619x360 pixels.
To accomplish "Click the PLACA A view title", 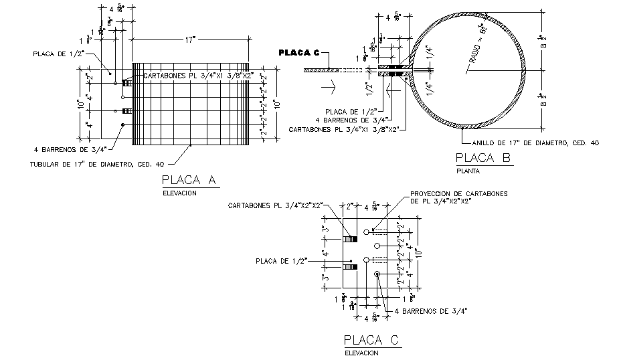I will coord(189,180).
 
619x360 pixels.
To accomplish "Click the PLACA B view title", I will coord(482,159).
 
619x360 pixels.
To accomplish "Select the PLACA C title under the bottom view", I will coord(371,341).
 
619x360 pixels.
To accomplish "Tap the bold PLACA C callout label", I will coord(299,52).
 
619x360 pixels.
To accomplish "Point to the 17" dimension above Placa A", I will coord(191,41).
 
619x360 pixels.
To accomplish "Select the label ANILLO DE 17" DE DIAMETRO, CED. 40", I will coord(535,143).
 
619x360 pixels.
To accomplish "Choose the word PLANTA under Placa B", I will coord(468,171).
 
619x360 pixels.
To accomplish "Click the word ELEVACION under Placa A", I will coord(180,193).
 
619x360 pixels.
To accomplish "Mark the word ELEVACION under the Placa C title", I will coord(362,353).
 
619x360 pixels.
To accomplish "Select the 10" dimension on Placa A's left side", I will coord(79,104).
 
